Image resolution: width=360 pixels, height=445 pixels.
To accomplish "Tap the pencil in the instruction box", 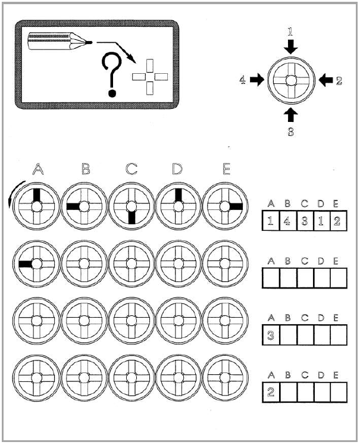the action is point(60,42).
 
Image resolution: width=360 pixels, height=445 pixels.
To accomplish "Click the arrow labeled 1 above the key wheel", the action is point(291,46).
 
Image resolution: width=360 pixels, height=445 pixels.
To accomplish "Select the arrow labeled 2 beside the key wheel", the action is point(325,80).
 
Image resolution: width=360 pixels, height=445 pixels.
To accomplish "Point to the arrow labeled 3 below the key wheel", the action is point(291,115).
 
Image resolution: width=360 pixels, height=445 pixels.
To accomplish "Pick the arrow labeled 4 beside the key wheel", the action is point(256,80).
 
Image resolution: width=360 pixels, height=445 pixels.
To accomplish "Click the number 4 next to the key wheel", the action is point(242,80).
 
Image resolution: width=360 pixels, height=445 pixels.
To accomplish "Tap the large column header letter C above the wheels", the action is point(131,169).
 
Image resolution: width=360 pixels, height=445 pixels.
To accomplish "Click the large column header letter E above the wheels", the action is point(226,169).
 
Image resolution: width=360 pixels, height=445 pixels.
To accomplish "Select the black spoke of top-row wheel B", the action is point(73,206).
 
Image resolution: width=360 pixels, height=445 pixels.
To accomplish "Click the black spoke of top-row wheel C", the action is point(131,218).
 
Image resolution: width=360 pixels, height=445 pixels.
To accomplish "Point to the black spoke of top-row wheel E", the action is point(236,206).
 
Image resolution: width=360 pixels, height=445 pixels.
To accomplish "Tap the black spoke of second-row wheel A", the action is point(25,264).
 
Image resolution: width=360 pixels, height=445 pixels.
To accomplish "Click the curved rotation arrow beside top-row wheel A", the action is point(14,193).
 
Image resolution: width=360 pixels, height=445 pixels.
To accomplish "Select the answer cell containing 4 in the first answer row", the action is point(288,220).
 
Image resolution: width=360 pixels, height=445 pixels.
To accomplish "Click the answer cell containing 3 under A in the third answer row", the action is point(271,335).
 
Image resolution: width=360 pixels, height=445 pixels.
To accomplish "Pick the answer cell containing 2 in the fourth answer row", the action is point(271,392).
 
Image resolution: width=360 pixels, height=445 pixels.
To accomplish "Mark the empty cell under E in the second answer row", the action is point(339,278).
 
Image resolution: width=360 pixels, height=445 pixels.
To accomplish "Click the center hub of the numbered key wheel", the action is point(291,80).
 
